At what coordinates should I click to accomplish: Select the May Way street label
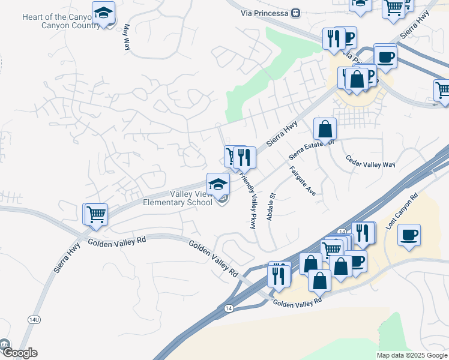pyautogui.click(x=126, y=37)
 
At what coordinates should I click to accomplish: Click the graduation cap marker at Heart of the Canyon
pyautogui.click(x=104, y=13)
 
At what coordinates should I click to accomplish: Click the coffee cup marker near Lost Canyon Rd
pyautogui.click(x=409, y=235)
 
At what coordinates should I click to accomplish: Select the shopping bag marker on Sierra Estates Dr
pyautogui.click(x=325, y=128)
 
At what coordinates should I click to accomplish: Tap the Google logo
pyautogui.click(x=19, y=353)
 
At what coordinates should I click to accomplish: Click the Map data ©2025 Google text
pyautogui.click(x=411, y=355)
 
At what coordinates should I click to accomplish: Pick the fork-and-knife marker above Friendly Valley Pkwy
pyautogui.click(x=244, y=157)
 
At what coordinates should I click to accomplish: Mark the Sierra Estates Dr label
pyautogui.click(x=311, y=149)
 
